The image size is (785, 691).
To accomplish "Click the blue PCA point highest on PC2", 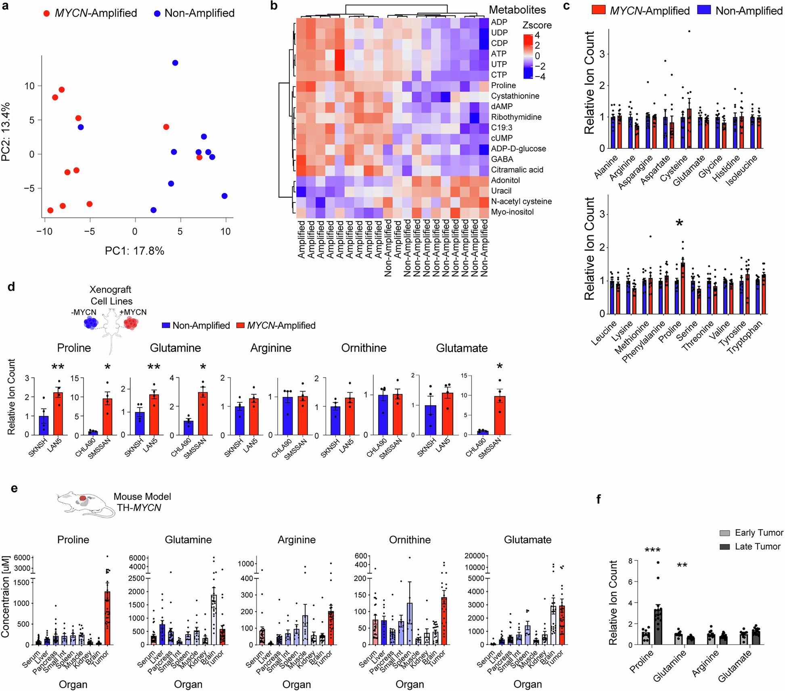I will click(175, 63).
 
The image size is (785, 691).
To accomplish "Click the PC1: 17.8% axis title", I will click(134, 251).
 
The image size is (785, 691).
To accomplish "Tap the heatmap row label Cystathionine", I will click(515, 96).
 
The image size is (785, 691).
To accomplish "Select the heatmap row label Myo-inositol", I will click(512, 212).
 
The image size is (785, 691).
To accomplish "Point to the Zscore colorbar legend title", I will click(537, 25).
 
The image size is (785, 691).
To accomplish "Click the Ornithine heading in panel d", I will click(364, 348).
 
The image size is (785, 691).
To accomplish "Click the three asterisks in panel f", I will click(652, 551).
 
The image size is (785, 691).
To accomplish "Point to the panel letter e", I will click(14, 489).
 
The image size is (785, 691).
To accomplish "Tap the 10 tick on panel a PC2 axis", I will click(29, 86).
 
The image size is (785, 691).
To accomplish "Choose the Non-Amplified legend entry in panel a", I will click(194, 13).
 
